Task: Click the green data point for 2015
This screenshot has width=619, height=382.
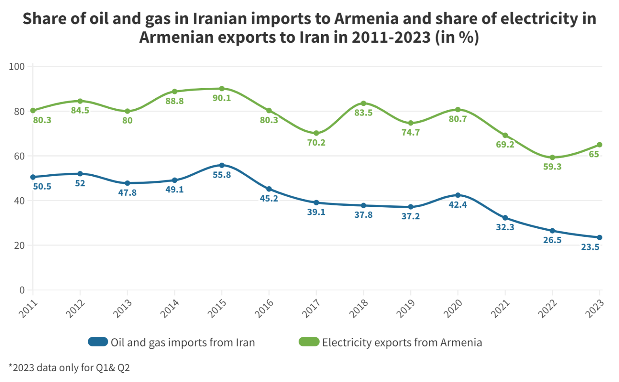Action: (222, 89)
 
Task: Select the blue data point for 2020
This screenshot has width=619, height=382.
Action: (458, 195)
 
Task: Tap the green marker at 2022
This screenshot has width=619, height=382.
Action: (552, 157)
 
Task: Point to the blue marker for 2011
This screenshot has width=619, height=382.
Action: (33, 177)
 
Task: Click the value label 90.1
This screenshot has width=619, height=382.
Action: (222, 98)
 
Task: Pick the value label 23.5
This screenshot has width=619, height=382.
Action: (590, 247)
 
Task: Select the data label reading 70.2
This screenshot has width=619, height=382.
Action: (316, 142)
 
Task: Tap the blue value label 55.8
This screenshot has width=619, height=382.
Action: (222, 175)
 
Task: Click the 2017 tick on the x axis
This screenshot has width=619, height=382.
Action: (311, 308)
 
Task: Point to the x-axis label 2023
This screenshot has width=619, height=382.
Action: (595, 308)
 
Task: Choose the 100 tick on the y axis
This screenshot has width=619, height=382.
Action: (17, 66)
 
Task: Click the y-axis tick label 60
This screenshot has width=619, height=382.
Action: (19, 156)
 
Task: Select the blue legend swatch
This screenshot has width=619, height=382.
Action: (98, 342)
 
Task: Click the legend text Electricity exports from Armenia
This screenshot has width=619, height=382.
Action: (402, 343)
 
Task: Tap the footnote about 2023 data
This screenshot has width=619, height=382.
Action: (69, 368)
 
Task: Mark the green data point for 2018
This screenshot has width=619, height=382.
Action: (364, 103)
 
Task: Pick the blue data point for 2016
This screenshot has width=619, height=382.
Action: (269, 189)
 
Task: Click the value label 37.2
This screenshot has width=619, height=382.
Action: (410, 216)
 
